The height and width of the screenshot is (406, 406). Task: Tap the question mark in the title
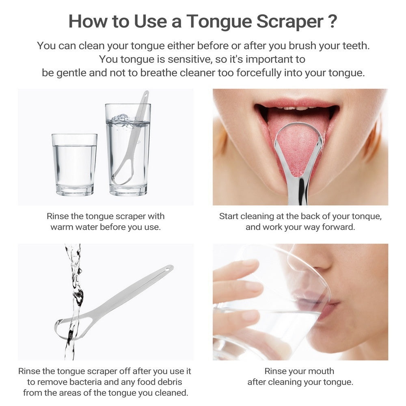(x=332, y=21)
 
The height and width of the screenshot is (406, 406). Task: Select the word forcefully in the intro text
(x=275, y=73)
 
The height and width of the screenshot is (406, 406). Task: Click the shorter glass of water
(x=74, y=164)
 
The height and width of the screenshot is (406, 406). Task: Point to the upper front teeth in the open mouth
(x=296, y=108)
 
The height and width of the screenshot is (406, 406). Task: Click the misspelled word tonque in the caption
(x=367, y=216)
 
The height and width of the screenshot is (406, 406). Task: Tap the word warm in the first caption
(x=61, y=227)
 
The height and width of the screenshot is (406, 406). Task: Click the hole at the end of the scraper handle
(x=168, y=269)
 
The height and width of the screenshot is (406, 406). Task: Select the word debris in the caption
(x=168, y=382)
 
